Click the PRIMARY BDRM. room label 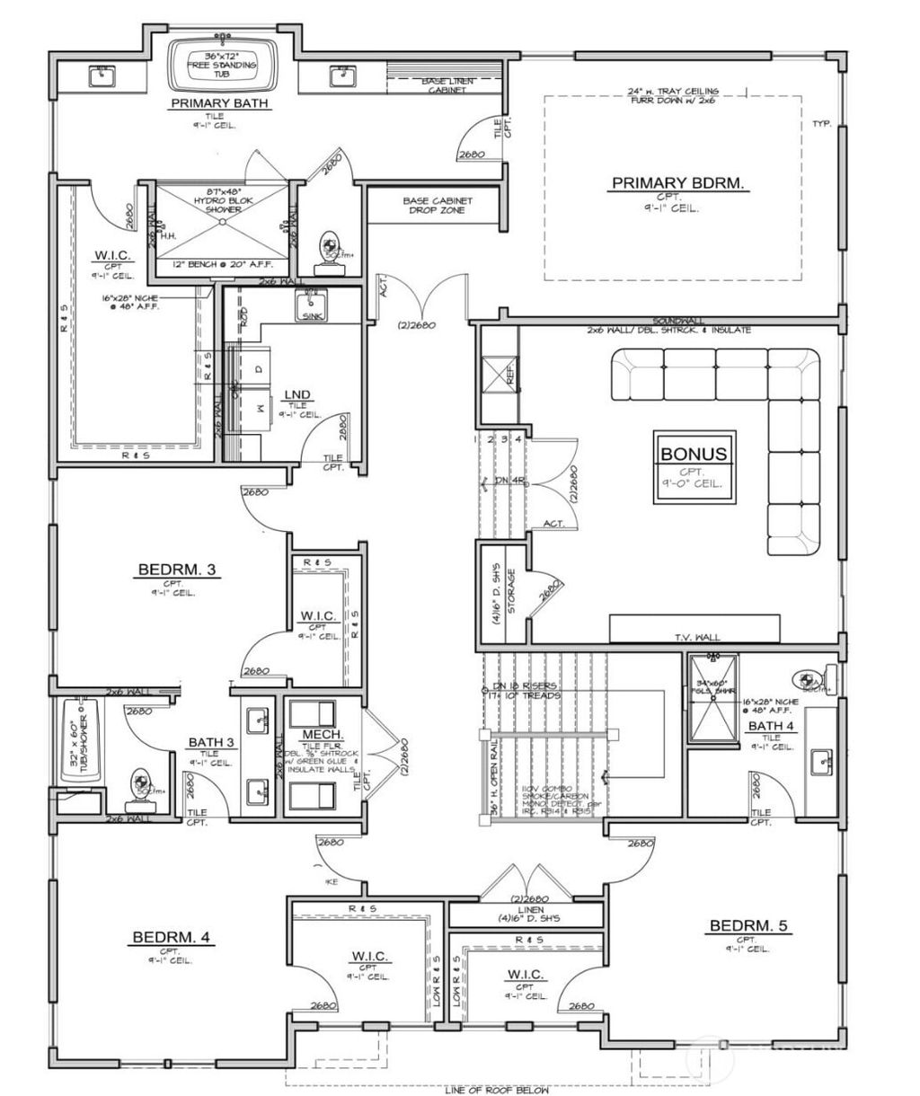[x=679, y=183]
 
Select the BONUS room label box [x=693, y=455]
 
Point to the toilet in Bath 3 [x=141, y=784]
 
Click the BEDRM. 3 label [x=176, y=569]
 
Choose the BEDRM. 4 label [x=171, y=937]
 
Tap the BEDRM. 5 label [x=750, y=925]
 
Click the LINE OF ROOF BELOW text [x=497, y=1090]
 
